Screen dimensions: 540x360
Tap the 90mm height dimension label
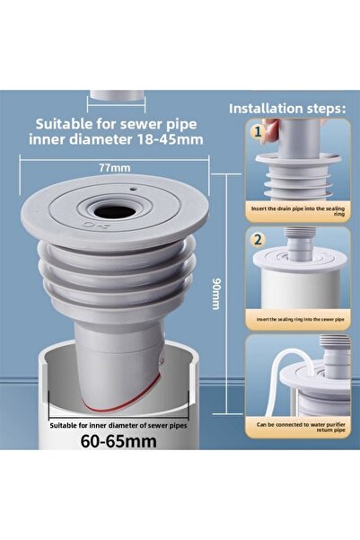coord(215,293)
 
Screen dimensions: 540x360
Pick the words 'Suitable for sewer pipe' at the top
coord(114,122)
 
